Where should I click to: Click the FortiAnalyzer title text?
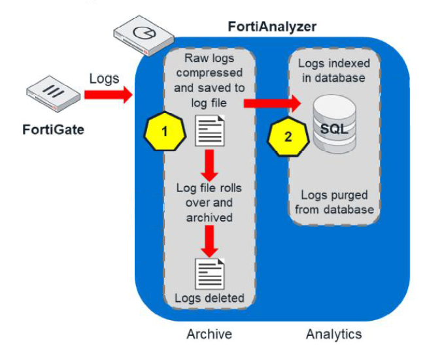click(x=271, y=27)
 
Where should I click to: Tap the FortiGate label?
click(x=52, y=128)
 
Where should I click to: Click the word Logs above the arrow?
click(x=104, y=79)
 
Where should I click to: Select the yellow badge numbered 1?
click(x=163, y=129)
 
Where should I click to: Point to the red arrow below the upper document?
click(x=209, y=165)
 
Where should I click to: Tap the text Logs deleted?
click(x=209, y=298)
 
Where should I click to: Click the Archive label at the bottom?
click(x=209, y=334)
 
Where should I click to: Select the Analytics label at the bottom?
click(x=333, y=334)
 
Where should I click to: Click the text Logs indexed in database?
click(x=333, y=71)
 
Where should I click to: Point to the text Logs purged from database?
click(x=333, y=202)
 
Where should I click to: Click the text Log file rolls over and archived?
click(x=209, y=202)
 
